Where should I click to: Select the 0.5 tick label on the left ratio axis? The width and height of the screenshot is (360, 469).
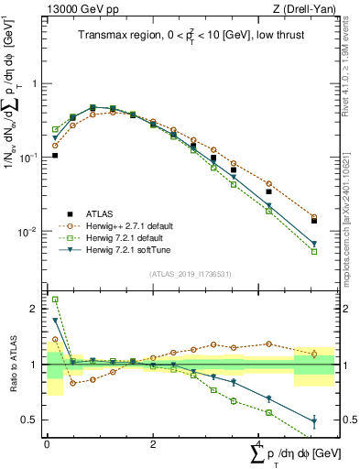coord(32,420)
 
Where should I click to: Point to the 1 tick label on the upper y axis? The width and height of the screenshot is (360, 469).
coord(37,83)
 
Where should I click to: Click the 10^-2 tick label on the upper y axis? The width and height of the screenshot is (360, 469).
coord(29,232)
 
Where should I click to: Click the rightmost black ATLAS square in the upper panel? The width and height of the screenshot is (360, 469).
coord(314,221)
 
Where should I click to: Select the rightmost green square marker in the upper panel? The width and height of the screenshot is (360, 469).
coord(314,251)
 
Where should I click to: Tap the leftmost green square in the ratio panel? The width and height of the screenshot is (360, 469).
coord(55,299)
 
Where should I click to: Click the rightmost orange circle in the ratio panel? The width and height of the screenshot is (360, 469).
coord(314,354)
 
